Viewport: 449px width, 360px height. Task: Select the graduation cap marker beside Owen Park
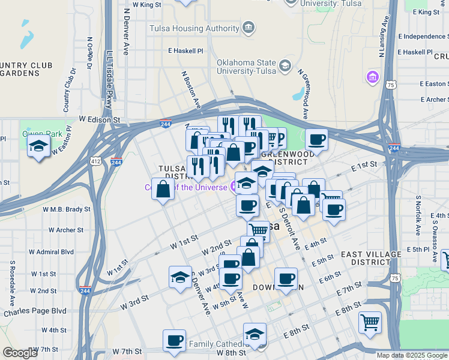(39, 146)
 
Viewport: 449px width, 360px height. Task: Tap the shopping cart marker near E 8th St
(370, 322)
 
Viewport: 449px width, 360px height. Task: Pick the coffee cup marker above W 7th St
(175, 341)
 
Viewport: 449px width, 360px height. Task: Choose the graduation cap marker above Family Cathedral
(255, 335)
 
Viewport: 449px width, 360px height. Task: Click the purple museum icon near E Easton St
(373, 77)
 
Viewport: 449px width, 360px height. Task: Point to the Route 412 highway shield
(96, 161)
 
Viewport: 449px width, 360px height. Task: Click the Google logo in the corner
(20, 353)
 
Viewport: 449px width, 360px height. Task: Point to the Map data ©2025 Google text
(412, 355)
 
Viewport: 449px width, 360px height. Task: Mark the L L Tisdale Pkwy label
(109, 79)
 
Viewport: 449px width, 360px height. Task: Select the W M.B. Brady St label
(66, 209)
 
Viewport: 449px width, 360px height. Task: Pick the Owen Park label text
(34, 133)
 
